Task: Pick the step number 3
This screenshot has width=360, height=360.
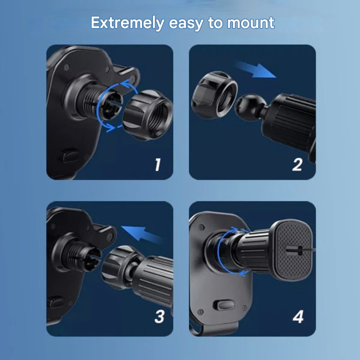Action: (x=159, y=316)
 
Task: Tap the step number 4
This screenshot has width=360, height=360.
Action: (x=298, y=316)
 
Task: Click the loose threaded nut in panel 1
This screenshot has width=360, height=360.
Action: (x=148, y=114)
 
